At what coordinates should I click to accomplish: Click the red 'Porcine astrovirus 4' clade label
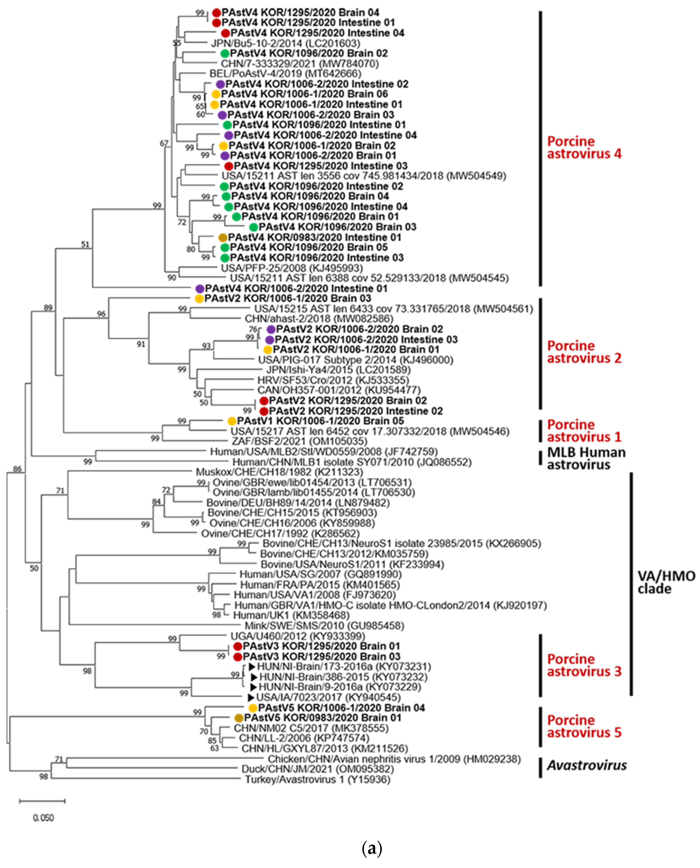[584, 147]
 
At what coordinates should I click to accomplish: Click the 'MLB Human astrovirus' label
[586, 459]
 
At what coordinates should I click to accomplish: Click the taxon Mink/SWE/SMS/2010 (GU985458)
[324, 626]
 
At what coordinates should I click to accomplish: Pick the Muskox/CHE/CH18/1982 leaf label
[279, 472]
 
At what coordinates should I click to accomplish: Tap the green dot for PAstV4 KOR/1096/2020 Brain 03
[253, 227]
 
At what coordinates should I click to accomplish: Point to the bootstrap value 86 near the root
[17, 469]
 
